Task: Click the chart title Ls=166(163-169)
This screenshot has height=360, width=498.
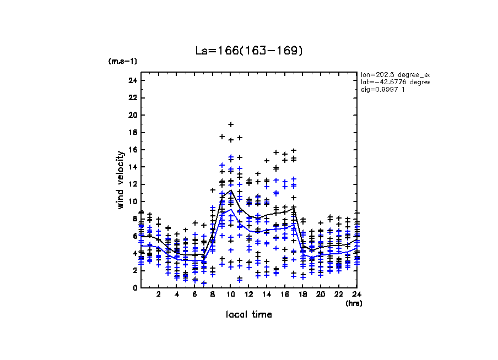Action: (x=249, y=51)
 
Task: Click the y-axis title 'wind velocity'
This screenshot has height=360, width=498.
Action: (x=121, y=180)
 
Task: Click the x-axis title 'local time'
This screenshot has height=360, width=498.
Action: (x=248, y=315)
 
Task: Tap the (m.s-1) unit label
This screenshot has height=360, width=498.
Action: (x=122, y=61)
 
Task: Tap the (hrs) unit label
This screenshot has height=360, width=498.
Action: (x=353, y=303)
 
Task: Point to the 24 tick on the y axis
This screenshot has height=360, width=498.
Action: (x=132, y=81)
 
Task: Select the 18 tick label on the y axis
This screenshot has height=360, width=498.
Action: (x=132, y=133)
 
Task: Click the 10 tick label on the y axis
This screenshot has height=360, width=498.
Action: (x=132, y=201)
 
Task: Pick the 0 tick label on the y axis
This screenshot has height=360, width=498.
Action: (x=134, y=288)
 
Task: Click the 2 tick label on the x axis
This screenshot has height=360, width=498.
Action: (x=159, y=294)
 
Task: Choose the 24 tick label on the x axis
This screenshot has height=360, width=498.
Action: (x=356, y=294)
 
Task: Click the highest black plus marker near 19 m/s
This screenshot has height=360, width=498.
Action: (x=231, y=124)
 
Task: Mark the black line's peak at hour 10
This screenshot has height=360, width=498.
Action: (x=231, y=190)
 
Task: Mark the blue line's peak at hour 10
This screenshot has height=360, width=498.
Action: (x=231, y=209)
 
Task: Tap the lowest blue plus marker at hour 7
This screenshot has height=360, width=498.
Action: (x=204, y=283)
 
